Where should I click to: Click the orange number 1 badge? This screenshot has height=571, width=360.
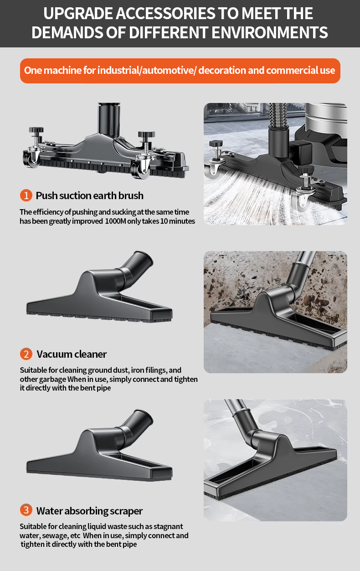(x=26, y=195)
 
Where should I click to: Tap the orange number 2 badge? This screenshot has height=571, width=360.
(x=26, y=354)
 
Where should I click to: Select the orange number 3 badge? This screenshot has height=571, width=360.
(x=26, y=510)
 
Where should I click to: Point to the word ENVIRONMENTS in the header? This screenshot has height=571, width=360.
(x=269, y=32)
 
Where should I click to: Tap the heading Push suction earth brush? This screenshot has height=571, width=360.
(x=89, y=196)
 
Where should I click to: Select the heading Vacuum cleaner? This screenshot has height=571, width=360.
(x=72, y=355)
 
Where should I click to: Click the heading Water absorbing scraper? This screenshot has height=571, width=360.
(x=89, y=511)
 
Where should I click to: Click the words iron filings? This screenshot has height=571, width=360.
(x=149, y=370)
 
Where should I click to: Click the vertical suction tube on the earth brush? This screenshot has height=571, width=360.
(x=109, y=119)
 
